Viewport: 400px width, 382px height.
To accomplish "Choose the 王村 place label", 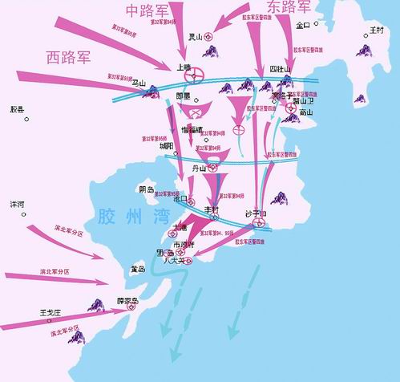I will (x=376, y=30).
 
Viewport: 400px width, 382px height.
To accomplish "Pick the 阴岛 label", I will (x=146, y=189).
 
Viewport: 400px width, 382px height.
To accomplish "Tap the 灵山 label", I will (x=195, y=36).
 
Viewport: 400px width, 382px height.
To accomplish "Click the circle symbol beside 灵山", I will (x=209, y=36).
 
